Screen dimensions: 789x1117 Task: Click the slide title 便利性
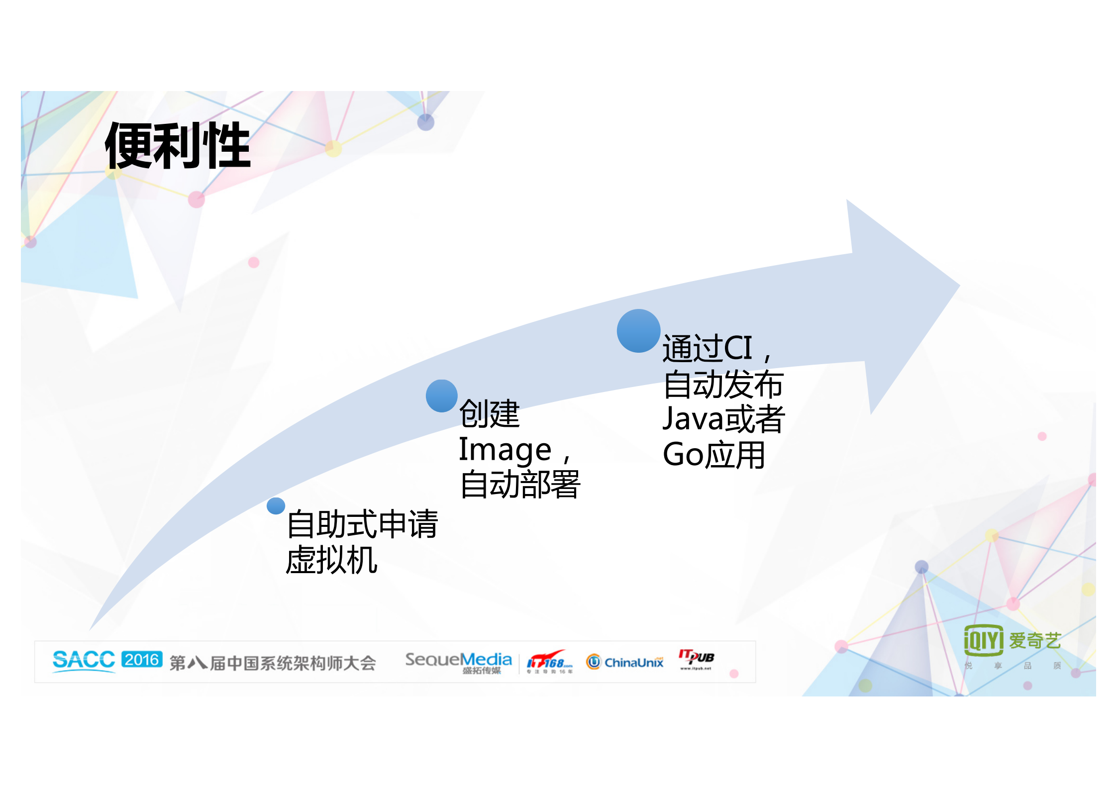coord(178,146)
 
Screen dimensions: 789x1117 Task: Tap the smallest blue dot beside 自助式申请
coord(276,506)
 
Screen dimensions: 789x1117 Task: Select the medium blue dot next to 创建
coord(441,396)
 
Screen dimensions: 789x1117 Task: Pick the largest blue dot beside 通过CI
coord(638,331)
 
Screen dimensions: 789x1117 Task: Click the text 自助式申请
coord(362,524)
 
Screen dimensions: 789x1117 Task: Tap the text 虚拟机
coord(331,560)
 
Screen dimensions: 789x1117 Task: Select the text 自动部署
coord(520,485)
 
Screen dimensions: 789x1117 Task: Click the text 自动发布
coord(724,385)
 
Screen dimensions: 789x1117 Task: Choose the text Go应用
coord(713,455)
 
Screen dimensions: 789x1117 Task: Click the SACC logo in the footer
coord(84,661)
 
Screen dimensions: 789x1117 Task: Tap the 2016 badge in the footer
coord(142,660)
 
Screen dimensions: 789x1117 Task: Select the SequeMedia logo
coord(458,662)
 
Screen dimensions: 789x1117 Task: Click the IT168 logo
coord(549,662)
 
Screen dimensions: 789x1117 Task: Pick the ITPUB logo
coord(696,659)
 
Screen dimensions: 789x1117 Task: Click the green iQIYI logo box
coord(983,640)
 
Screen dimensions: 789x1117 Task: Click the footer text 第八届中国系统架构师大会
coord(273,663)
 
